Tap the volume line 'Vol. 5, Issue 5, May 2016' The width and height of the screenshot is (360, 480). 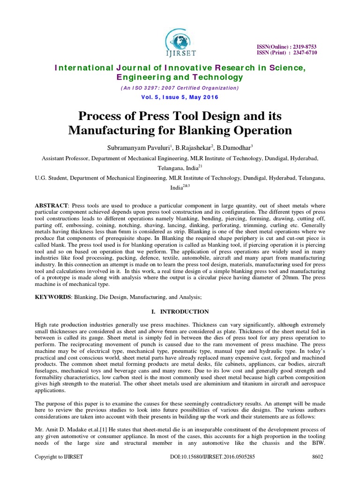pyautogui.click(x=180, y=97)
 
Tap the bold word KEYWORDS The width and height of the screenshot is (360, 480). pyautogui.click(x=52, y=296)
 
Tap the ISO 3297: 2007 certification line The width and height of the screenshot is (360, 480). pyautogui.click(x=180, y=88)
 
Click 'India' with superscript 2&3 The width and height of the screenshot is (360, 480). pyautogui.click(x=177, y=188)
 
